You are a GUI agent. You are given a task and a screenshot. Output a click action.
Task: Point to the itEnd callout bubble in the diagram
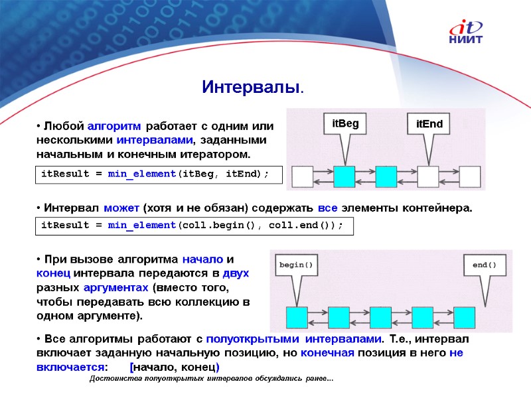click(x=429, y=124)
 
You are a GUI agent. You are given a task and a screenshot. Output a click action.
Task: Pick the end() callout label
click(x=485, y=265)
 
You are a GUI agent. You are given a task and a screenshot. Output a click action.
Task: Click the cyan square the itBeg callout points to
click(x=344, y=176)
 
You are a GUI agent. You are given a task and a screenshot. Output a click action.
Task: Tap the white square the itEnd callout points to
click(x=427, y=176)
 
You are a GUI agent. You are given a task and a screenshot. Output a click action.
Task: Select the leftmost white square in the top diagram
click(x=303, y=176)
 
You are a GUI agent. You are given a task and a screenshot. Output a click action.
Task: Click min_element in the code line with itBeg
click(x=142, y=174)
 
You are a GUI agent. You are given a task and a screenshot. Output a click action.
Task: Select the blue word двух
click(x=236, y=273)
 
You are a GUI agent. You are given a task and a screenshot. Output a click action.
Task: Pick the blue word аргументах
click(x=115, y=287)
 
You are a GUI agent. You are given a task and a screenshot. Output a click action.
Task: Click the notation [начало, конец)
click(x=175, y=367)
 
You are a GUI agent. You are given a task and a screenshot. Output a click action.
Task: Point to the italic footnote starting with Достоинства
click(x=211, y=379)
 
